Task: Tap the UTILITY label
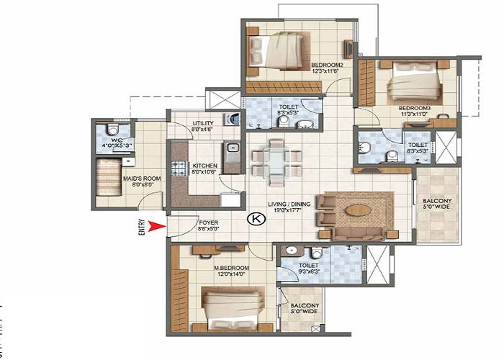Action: tap(203, 123)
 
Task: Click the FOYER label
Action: tap(209, 223)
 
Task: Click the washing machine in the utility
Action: tap(231, 119)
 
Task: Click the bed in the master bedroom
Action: tap(229, 306)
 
